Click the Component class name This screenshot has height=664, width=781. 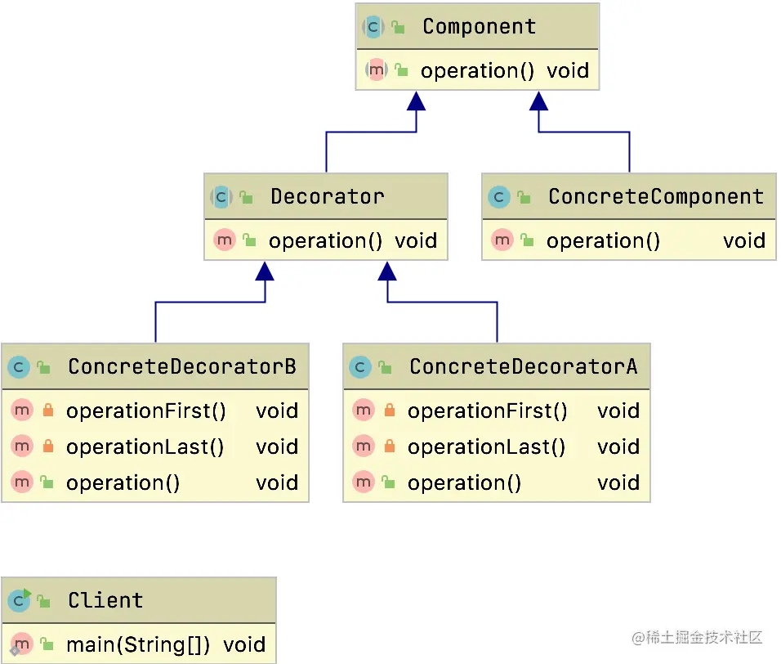479,26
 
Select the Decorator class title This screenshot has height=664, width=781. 327,196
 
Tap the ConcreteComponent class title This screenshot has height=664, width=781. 655,196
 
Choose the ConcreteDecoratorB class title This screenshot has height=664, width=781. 181,366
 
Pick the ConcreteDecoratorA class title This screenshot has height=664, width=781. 523,366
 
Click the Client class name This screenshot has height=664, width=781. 105,600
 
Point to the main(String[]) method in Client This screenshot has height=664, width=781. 138,644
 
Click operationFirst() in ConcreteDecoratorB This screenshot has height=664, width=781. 146,411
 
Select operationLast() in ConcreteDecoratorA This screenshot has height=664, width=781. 486,446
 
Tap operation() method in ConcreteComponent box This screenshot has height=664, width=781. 603,240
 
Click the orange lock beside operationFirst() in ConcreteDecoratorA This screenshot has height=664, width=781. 389,411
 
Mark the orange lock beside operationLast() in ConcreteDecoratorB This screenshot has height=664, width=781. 47,446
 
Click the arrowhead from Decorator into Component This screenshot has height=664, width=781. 417,101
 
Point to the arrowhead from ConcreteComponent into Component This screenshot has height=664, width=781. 538,101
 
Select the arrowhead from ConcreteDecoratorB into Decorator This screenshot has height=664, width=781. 265,271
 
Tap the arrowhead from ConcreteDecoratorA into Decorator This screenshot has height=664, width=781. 387,271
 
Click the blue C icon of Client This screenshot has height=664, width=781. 19,601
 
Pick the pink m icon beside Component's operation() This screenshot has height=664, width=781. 376,70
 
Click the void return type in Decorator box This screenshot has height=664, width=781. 416,240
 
